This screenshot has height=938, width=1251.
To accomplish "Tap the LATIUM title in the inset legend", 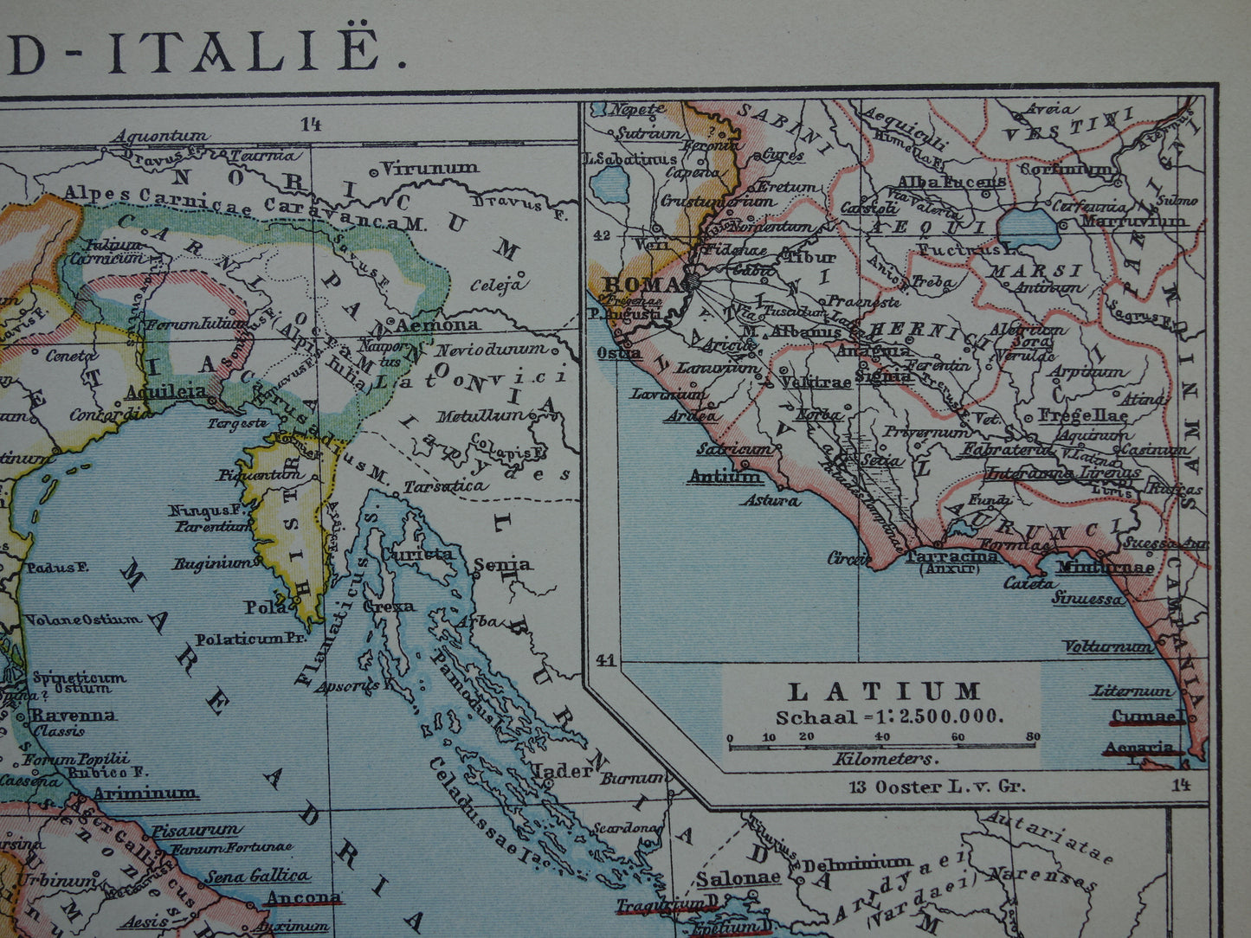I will pos(883,691).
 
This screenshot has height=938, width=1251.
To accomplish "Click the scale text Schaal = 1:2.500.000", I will pos(889,716).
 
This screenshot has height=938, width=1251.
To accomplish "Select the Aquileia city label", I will pos(166,391).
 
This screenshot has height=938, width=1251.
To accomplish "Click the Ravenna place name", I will pos(74,715).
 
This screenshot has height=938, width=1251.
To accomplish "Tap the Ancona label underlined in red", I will pos(303,897).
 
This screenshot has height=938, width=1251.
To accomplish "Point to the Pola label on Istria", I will pos(266,607).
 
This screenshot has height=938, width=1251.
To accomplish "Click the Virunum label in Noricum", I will pos(429,167).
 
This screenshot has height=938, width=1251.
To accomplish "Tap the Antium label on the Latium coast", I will pos(725,477).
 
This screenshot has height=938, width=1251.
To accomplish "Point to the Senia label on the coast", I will pos(503,564).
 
